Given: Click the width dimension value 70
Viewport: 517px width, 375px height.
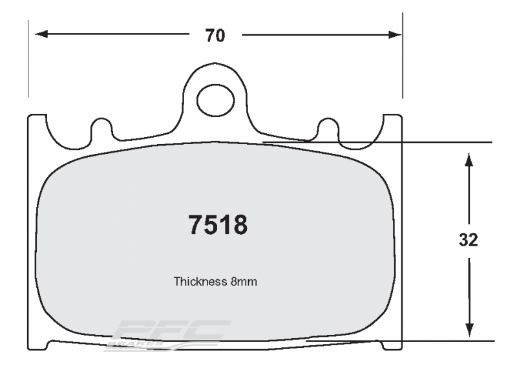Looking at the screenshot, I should tap(215, 36).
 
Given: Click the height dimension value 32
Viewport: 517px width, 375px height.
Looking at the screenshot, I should tap(469, 240).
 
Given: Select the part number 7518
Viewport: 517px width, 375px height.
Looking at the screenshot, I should tap(218, 225).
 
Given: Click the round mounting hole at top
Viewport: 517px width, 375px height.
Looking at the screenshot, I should tap(216, 99).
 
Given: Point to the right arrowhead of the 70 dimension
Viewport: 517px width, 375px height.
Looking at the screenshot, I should tap(396, 35).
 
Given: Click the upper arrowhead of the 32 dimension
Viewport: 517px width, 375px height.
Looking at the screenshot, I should tap(470, 158).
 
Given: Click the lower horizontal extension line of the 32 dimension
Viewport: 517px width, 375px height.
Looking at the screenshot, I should tap(446, 341).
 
